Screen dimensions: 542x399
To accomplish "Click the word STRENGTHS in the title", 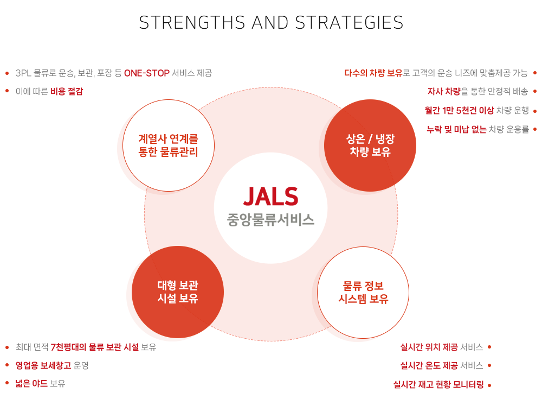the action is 192,22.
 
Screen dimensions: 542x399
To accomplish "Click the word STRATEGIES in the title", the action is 349,22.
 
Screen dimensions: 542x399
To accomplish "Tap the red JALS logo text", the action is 270,197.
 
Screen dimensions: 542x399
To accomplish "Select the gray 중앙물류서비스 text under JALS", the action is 270,220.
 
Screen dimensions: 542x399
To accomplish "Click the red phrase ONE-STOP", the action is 147,73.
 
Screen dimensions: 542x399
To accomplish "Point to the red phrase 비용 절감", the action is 67,91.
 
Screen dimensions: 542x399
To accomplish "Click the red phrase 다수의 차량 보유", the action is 373,73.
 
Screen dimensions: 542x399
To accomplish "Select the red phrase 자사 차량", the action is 444,91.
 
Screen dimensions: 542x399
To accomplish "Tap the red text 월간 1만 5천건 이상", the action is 460,111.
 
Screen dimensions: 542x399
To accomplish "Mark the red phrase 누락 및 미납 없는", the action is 456,129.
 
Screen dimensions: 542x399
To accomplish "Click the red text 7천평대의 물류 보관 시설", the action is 95,347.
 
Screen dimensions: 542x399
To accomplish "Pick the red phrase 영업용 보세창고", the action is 43,365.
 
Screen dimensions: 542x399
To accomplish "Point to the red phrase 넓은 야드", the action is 31,383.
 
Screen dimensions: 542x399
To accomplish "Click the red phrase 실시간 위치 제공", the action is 429,347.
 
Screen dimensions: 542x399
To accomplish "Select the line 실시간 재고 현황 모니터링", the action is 438,384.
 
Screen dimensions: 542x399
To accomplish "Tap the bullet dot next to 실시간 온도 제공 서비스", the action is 489,365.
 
